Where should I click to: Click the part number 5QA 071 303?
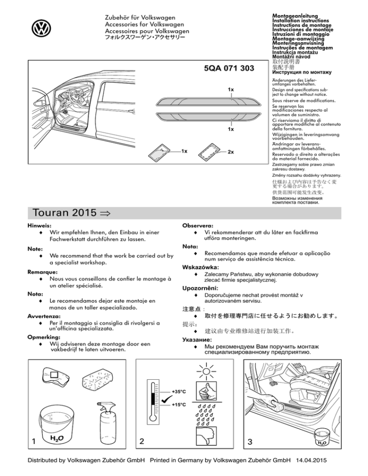pos(229,68)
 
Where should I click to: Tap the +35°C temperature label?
pos(179,392)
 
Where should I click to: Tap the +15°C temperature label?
pos(179,405)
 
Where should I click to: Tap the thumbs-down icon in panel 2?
pos(207,437)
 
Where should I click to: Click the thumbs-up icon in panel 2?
pos(207,394)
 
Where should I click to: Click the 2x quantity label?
pos(230,152)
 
